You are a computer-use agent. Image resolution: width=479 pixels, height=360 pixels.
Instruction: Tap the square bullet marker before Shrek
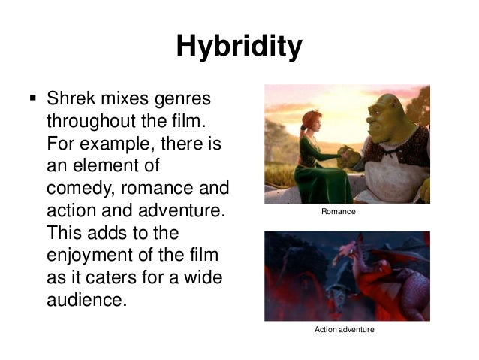click(x=32, y=98)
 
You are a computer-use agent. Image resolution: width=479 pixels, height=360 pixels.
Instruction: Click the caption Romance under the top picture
click(x=338, y=213)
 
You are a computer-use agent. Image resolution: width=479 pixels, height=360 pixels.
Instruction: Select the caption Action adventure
click(x=342, y=330)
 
